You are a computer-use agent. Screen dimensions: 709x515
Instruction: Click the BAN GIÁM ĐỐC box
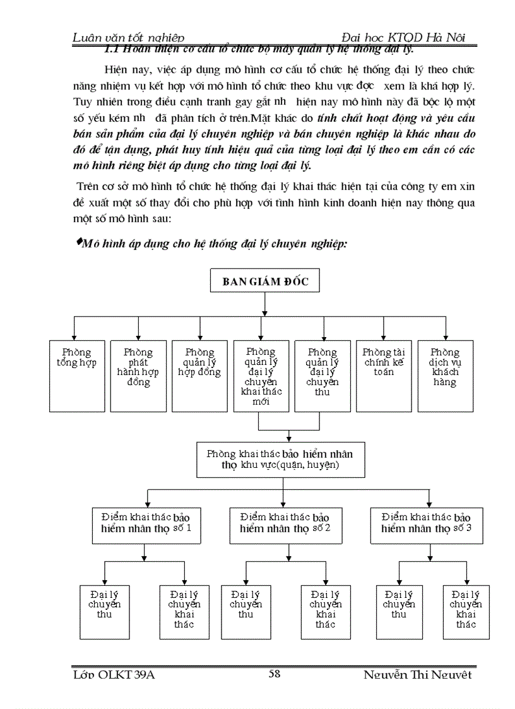pos(265,282)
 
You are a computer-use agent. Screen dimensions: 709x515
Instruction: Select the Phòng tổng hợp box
pos(77,376)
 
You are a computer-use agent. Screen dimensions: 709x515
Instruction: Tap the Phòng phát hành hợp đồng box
pos(138,376)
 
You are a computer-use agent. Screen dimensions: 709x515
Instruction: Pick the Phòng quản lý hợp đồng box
pos(199,376)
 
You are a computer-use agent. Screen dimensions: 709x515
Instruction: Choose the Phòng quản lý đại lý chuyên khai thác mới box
pos(261,376)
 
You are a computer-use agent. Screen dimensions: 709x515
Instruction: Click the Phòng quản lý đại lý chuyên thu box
pos(323,376)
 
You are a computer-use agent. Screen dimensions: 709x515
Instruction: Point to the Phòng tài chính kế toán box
pos(384,376)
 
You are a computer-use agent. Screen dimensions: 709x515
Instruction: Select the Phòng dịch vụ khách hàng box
pos(445,376)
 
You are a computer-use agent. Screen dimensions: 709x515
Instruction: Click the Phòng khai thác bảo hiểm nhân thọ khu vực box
pos(280,460)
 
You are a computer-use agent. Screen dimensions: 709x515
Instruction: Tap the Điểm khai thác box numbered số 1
pos(146,523)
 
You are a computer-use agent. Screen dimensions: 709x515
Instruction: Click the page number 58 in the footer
pos(275,674)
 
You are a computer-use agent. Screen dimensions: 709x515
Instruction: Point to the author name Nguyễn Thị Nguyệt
pos(418,675)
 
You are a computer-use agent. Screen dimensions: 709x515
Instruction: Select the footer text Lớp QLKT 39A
pos(114,675)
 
